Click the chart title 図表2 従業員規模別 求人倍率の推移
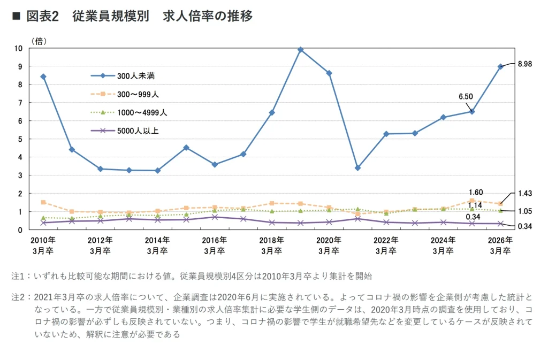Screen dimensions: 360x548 139,17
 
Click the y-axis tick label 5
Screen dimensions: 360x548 20,139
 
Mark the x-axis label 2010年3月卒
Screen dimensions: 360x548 43,245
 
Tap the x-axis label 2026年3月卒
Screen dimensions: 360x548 500,245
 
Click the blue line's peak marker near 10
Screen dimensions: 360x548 300,50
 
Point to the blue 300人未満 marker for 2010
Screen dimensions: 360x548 43,76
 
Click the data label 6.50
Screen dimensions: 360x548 466,97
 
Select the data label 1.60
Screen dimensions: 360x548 475,193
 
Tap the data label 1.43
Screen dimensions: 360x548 525,193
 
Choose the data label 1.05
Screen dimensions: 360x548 525,211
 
